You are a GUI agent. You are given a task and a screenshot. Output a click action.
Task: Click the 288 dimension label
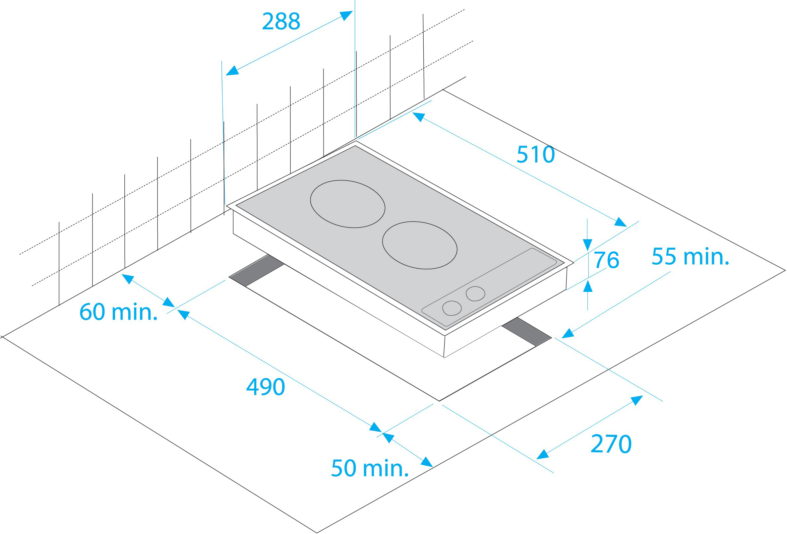pyautogui.click(x=281, y=21)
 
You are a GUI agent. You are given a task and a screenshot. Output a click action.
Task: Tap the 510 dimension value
pyautogui.click(x=535, y=155)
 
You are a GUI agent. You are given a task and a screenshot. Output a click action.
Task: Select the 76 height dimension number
pyautogui.click(x=606, y=260)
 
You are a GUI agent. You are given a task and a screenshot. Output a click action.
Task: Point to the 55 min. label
pyautogui.click(x=690, y=256)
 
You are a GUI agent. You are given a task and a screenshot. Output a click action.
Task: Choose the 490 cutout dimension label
pyautogui.click(x=266, y=387)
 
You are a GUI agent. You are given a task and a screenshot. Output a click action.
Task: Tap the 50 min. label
pyautogui.click(x=370, y=468)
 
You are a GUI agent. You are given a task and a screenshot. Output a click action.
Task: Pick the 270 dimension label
pyautogui.click(x=611, y=443)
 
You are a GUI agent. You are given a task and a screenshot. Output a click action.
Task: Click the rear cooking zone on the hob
pyautogui.click(x=347, y=204)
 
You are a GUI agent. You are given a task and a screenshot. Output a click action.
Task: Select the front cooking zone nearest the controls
pyautogui.click(x=420, y=245)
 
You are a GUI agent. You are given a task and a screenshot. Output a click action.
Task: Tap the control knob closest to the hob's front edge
pyautogui.click(x=452, y=308)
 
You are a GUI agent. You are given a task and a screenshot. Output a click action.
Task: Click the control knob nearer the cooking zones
pyautogui.click(x=475, y=294)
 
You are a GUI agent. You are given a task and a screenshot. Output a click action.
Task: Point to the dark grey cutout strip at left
pyautogui.click(x=257, y=270)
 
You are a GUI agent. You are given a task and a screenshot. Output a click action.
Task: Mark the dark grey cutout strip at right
pyautogui.click(x=526, y=332)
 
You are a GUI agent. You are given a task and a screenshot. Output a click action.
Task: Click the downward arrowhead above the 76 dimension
pyautogui.click(x=587, y=245)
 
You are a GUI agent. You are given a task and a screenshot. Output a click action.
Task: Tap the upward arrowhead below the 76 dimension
pyautogui.click(x=588, y=286)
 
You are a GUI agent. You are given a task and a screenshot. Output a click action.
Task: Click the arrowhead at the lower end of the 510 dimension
pyautogui.click(x=620, y=222)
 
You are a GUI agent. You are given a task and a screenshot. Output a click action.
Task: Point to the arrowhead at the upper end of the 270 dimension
pyautogui.click(x=636, y=400)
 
